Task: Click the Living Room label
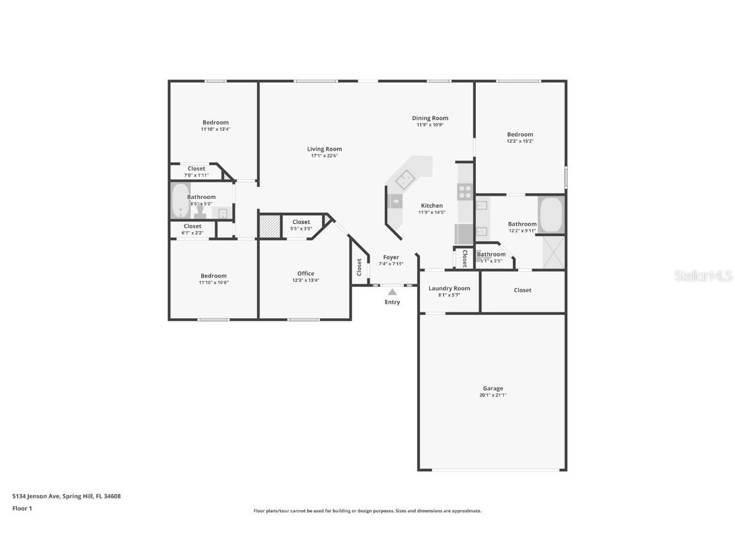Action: tap(324, 149)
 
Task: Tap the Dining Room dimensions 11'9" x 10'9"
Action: tap(430, 125)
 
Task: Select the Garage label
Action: tap(493, 388)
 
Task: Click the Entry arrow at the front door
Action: tap(392, 292)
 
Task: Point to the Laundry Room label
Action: tap(449, 288)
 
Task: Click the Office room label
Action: tap(306, 274)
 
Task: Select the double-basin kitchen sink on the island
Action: tap(406, 181)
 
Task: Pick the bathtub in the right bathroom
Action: tap(551, 215)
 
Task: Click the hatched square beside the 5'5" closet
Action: tap(269, 227)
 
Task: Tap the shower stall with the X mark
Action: tap(553, 252)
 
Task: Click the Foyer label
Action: tap(391, 257)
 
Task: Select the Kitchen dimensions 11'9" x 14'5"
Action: tap(432, 212)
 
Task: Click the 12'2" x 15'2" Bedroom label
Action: tap(520, 135)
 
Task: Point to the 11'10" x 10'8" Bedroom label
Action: tap(214, 276)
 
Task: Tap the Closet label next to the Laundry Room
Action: tap(523, 290)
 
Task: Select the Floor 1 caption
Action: tap(22, 508)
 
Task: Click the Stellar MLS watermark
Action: tap(704, 275)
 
